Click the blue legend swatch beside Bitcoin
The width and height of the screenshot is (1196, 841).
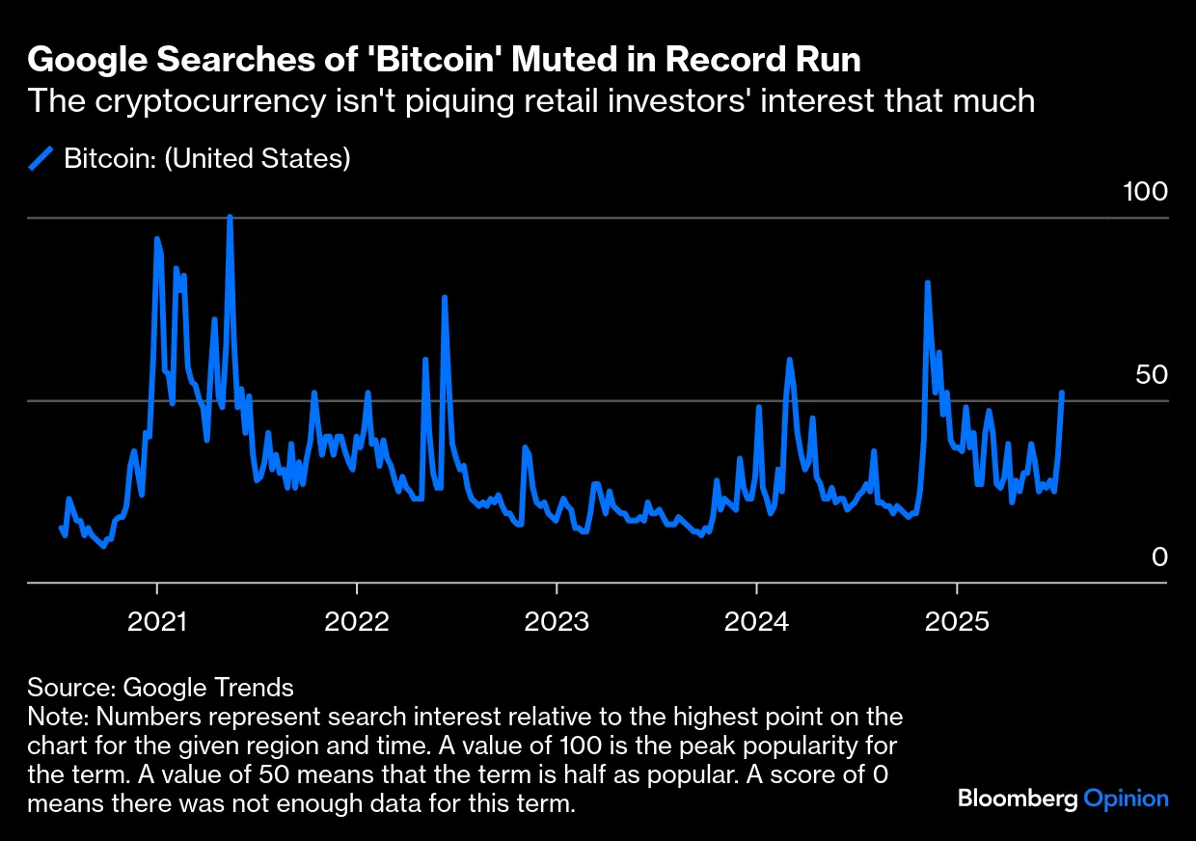[x=41, y=158]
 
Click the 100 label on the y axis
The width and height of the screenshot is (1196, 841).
[x=1146, y=192]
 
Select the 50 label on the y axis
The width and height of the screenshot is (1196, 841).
[x=1152, y=375]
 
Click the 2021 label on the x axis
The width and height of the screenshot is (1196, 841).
[x=157, y=621]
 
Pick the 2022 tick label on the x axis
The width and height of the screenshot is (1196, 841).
[x=357, y=621]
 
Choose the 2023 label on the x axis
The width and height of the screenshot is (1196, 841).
[x=557, y=621]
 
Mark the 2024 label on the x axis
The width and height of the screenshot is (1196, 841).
[x=756, y=621]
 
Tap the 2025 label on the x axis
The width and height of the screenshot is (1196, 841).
[x=956, y=621]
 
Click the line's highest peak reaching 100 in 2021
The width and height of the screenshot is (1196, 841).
[x=230, y=218]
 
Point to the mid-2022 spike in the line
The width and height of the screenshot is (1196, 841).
[x=445, y=298]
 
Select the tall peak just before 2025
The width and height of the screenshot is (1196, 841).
[x=927, y=284]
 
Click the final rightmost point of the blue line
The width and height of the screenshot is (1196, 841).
[x=1062, y=393]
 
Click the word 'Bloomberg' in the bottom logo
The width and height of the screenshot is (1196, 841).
[x=1018, y=799]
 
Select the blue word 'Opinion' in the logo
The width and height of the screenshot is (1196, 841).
[x=1126, y=799]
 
